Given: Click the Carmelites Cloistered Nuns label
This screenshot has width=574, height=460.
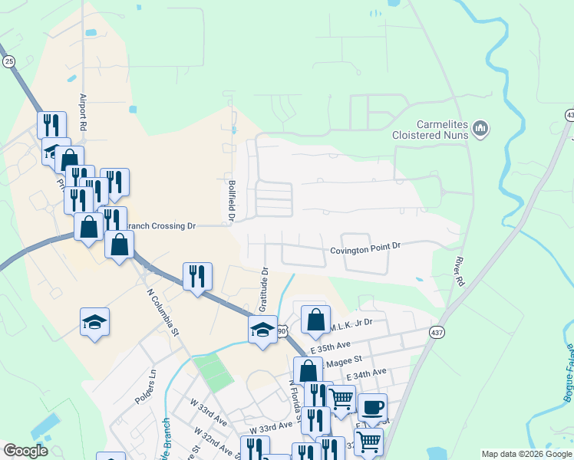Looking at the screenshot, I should [442, 129].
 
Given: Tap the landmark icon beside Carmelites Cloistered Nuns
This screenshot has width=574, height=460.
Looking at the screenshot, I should [481, 128].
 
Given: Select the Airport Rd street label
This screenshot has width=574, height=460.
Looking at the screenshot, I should [83, 112].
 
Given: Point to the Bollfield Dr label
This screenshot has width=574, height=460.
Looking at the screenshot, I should [231, 201].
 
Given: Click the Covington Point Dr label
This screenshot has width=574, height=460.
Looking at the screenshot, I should [365, 248].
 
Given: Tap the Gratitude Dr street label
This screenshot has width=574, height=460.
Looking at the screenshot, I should [264, 290].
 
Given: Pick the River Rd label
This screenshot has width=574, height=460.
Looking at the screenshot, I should [460, 271].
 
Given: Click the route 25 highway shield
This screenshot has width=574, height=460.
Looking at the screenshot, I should [8, 61].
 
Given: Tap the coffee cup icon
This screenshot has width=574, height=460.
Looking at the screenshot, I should [372, 408].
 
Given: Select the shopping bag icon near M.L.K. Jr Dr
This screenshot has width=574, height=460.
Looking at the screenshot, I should [315, 320].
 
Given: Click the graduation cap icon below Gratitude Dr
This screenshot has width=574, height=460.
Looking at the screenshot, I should [262, 330].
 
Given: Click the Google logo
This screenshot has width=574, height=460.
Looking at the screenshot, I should [25, 451].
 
